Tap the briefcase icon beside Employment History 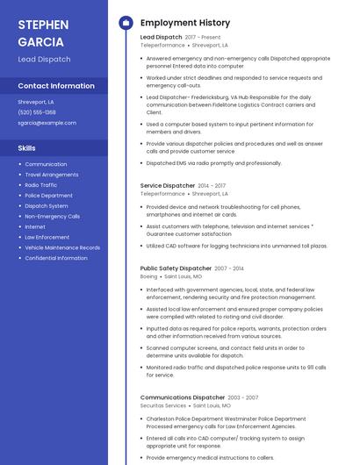(x=125, y=22)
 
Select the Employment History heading (x=184, y=22)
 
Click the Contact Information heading (x=56, y=86)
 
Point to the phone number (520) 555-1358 (x=37, y=112)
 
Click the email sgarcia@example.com (x=47, y=123)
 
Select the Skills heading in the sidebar (x=26, y=148)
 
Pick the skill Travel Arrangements (x=51, y=175)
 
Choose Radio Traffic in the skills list (x=40, y=185)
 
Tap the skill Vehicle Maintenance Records (x=62, y=247)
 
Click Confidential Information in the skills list (x=55, y=258)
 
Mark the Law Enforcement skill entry (x=47, y=237)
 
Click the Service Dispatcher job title (x=167, y=186)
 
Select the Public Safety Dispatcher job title (x=176, y=268)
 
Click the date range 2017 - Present (x=203, y=37)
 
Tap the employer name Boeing (x=148, y=276)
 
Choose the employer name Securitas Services (x=163, y=405)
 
